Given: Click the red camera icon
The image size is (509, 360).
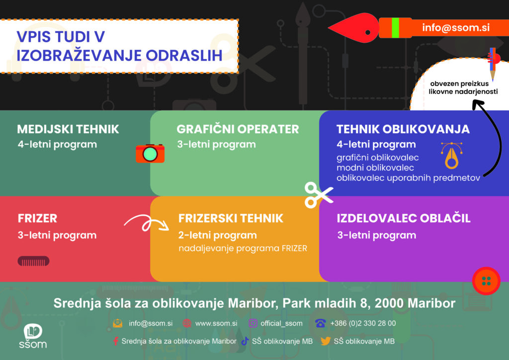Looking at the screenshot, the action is (x=150, y=153).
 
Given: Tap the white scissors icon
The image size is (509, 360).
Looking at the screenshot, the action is (x=319, y=195).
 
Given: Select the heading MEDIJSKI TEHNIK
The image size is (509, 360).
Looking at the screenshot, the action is (x=68, y=129).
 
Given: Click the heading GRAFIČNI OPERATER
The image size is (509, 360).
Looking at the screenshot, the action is (x=238, y=129).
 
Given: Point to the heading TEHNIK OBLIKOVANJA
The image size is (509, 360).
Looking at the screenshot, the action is (x=403, y=129).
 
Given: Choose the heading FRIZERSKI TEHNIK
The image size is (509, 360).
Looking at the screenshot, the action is (x=231, y=218).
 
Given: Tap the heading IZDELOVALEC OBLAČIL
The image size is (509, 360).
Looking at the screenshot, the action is (x=404, y=218).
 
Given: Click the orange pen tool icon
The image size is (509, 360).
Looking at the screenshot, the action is (x=451, y=156).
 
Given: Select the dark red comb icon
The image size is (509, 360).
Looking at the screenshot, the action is (x=33, y=261).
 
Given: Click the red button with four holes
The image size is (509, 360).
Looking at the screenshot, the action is (x=486, y=281).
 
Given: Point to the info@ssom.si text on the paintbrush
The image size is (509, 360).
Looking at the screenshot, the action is (x=456, y=27).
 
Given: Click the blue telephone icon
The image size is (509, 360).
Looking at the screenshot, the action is (x=320, y=323).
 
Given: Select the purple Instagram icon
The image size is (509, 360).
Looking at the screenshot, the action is (x=253, y=323).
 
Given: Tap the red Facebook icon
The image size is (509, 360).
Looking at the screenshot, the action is (x=115, y=341).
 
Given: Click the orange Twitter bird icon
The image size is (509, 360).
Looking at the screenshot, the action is (x=326, y=341).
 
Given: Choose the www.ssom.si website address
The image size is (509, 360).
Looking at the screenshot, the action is (x=216, y=323).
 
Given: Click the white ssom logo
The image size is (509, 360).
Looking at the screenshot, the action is (x=33, y=336).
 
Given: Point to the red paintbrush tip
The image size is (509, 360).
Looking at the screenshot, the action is (x=353, y=28).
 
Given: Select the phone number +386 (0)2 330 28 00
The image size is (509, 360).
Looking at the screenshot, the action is (x=363, y=323).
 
